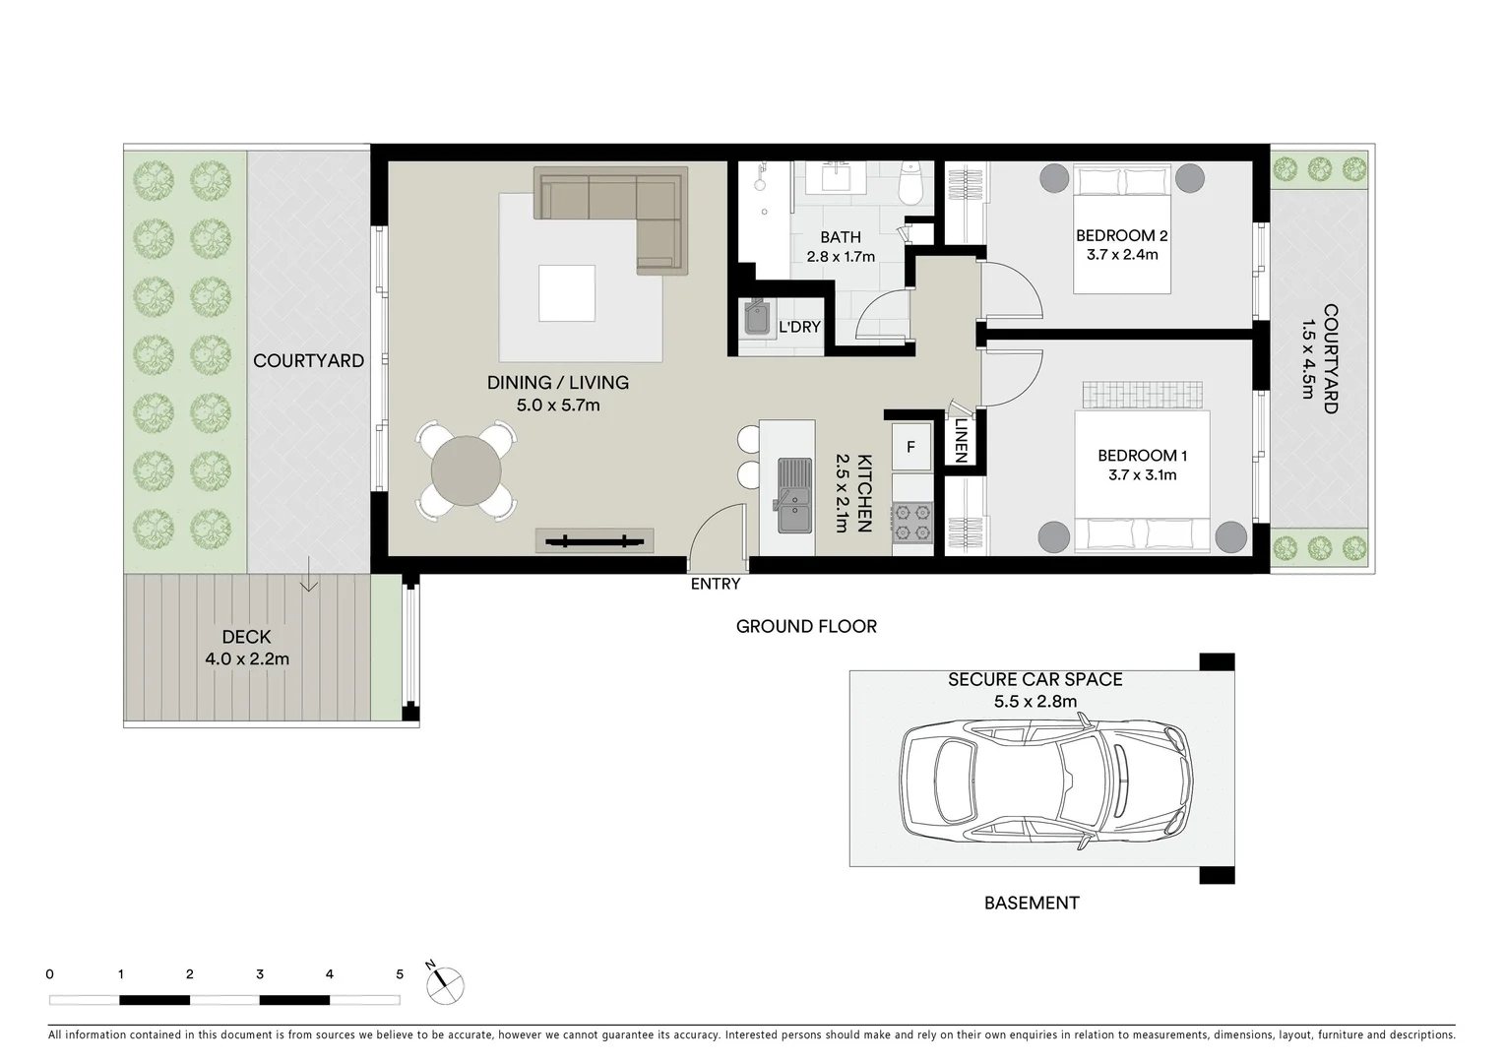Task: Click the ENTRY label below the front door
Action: (715, 584)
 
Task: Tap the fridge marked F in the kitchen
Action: (910, 447)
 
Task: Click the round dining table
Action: (467, 470)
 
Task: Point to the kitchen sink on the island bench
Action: (792, 495)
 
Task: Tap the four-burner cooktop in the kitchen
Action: (911, 523)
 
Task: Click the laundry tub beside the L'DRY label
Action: (758, 318)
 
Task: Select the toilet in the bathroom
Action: (911, 181)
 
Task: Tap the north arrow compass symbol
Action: (445, 983)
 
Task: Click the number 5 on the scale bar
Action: (400, 974)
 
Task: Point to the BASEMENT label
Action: (1031, 903)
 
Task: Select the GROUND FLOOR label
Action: (805, 626)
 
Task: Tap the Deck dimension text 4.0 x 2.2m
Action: (247, 658)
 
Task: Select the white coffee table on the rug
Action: (567, 293)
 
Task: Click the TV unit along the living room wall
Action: (595, 539)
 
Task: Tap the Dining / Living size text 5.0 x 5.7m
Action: (557, 404)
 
